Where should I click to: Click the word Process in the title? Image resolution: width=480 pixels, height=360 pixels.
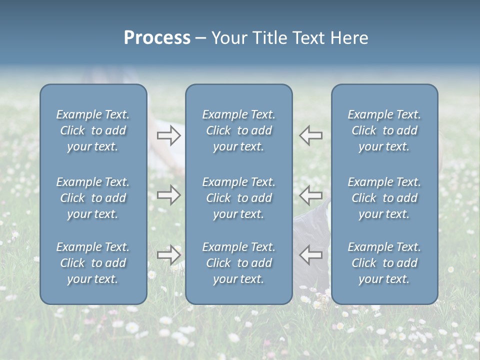157,38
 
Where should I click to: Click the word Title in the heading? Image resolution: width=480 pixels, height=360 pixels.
269,38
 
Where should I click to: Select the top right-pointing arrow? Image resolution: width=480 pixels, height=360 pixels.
169,135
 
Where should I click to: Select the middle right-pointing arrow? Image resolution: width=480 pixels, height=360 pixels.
169,194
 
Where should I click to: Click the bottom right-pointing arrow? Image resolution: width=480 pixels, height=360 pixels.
169,254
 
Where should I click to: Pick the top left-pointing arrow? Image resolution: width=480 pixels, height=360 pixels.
310,135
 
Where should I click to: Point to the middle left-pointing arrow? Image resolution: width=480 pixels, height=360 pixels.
310,194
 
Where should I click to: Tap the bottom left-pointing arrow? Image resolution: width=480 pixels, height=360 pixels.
310,254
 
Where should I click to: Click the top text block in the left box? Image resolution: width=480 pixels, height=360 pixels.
93,130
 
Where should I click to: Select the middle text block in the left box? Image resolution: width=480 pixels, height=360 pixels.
93,198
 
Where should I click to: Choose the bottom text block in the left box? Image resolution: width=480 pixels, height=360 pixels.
93,263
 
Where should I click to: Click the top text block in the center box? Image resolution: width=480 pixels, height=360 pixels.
238,130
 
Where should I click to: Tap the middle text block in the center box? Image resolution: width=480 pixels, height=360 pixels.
238,198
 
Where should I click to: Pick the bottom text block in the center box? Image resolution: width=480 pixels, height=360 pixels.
238,263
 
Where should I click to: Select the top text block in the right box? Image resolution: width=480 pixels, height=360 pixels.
384,130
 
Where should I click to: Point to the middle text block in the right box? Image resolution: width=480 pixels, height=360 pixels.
384,198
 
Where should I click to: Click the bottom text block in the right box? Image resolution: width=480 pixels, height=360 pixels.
384,263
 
